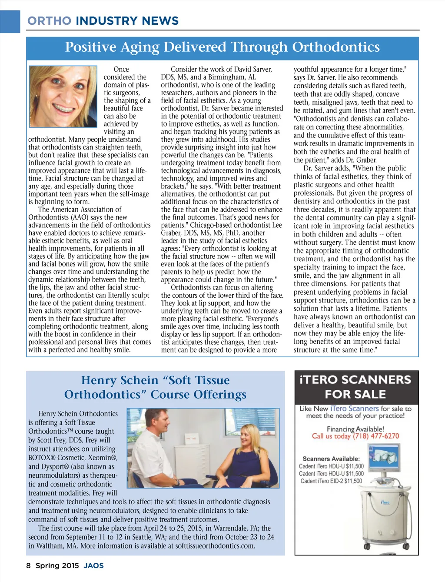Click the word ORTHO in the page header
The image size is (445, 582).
click(49, 21)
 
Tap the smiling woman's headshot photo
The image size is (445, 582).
click(63, 96)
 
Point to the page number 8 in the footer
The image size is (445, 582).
click(29, 565)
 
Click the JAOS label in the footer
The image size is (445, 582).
click(94, 565)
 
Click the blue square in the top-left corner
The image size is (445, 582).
click(10, 21)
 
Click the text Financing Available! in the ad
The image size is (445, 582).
click(355, 429)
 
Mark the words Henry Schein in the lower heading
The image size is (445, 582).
click(120, 380)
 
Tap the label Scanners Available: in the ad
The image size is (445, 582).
click(331, 459)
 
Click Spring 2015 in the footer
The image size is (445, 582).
click(57, 565)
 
